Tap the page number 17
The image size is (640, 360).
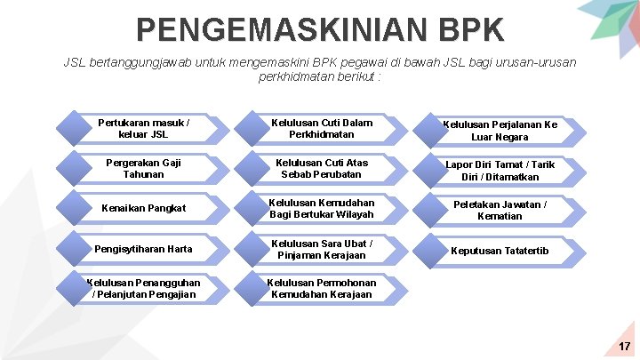[x=624, y=346]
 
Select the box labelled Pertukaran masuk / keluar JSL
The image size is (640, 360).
[x=143, y=128]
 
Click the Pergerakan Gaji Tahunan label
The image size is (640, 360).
[x=143, y=169]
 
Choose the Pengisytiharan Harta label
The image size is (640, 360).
[x=143, y=249]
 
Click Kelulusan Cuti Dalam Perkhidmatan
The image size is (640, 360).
[x=322, y=128]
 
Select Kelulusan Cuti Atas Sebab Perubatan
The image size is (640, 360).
[x=322, y=169]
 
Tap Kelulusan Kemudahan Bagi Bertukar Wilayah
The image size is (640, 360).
[x=322, y=208]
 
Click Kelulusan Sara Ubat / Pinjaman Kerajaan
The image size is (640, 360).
[x=322, y=249]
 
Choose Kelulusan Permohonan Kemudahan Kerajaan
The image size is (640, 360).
[x=322, y=288]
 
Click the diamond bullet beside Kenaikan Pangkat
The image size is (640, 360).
[x=74, y=208]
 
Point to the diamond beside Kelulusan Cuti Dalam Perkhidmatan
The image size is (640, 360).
[x=252, y=128]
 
